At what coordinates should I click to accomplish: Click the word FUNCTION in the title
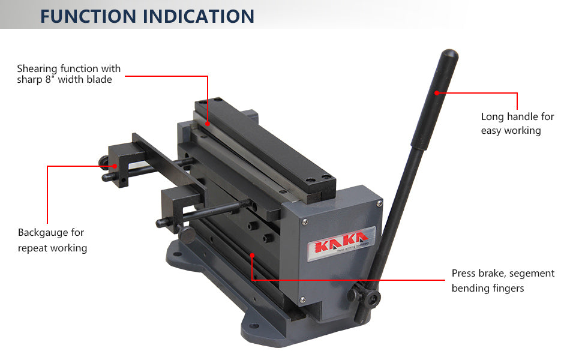88,16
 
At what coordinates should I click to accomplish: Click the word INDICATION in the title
199,16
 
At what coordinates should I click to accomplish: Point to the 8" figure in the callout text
50,79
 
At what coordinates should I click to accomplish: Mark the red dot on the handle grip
437,93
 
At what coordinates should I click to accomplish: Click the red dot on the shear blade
208,124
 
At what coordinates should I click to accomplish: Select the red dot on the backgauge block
115,166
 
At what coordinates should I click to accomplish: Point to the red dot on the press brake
252,256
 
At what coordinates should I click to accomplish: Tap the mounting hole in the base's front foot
254,326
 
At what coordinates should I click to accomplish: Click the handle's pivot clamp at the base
364,297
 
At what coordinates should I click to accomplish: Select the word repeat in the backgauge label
32,248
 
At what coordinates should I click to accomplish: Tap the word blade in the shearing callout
100,79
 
